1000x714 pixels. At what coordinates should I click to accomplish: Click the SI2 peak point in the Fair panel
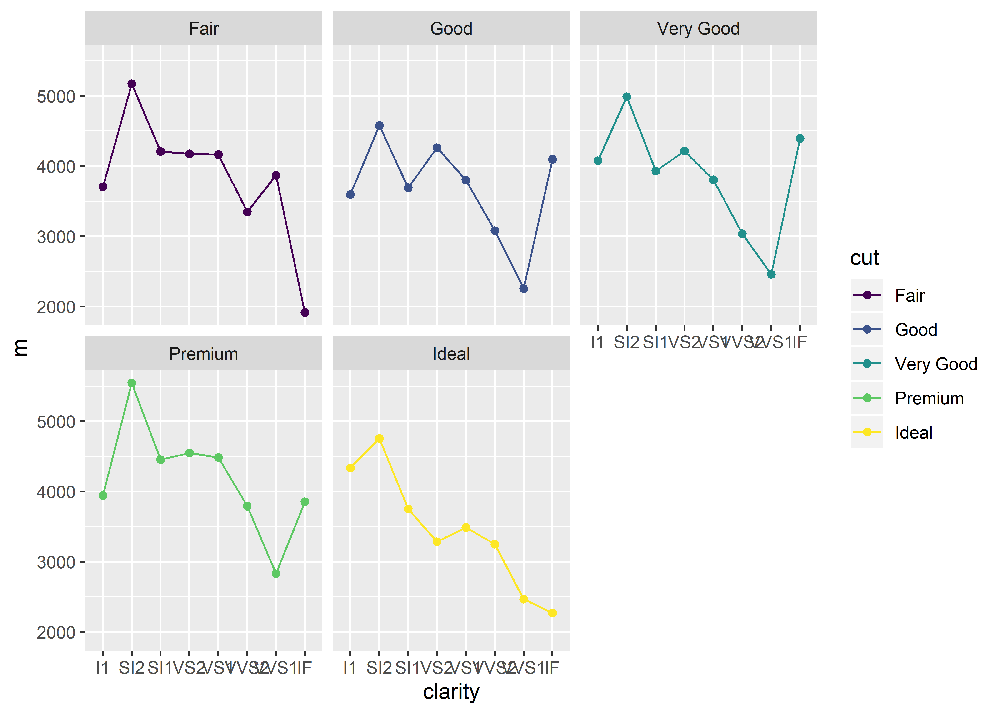(131, 84)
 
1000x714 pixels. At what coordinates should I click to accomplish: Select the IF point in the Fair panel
(305, 312)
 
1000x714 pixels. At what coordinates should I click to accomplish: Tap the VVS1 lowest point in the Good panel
(523, 288)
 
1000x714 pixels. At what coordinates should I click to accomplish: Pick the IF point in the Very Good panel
(800, 139)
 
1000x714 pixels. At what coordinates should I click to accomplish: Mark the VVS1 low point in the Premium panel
(276, 574)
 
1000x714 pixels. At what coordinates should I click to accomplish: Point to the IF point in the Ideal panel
(552, 613)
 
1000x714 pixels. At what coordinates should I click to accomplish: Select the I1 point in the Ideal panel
(350, 468)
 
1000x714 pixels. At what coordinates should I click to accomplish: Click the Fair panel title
(204, 29)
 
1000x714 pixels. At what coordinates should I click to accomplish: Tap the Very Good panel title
(698, 29)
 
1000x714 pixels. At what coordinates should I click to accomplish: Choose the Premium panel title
(204, 354)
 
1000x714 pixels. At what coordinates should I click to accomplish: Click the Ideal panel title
(451, 354)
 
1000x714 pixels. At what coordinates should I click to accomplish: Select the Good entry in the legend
(916, 330)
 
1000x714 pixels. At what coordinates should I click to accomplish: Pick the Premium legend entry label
(929, 398)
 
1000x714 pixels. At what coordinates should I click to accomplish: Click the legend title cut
(864, 258)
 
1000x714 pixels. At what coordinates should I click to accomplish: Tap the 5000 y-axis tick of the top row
(56, 96)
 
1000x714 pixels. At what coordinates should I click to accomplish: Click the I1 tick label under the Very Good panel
(597, 342)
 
